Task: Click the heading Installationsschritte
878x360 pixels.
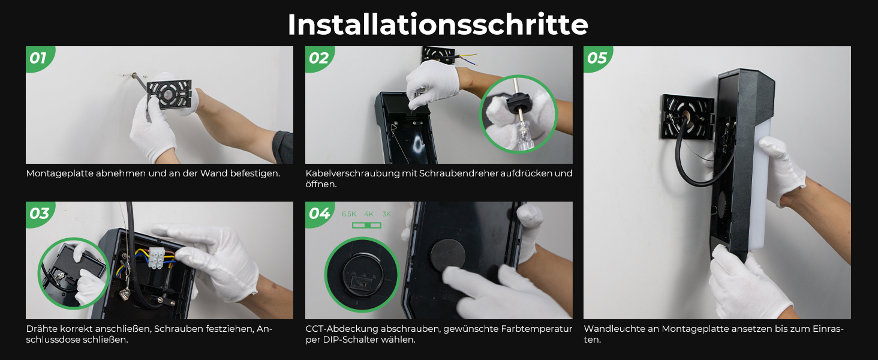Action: [438, 25]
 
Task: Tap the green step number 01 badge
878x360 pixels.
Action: [39, 58]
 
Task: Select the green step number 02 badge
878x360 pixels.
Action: [318, 58]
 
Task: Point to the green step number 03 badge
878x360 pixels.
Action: [39, 214]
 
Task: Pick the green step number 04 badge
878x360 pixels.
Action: [318, 214]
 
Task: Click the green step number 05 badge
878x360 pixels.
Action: [597, 58]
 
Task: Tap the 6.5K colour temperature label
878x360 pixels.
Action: [349, 214]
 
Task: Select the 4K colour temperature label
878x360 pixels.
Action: [369, 214]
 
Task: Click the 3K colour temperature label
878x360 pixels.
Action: [386, 214]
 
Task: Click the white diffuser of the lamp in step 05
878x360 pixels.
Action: [760, 184]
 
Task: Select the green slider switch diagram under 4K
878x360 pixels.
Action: [366, 225]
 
